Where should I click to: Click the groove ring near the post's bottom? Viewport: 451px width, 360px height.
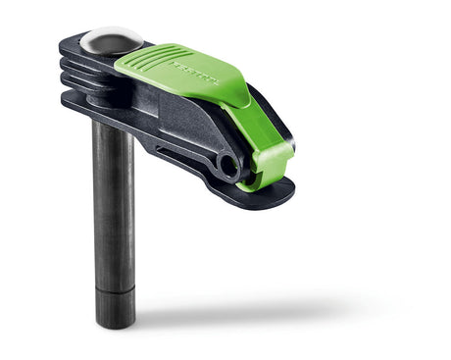115,290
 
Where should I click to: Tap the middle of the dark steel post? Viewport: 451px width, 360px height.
114,206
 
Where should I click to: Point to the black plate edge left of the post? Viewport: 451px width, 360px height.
74,103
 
